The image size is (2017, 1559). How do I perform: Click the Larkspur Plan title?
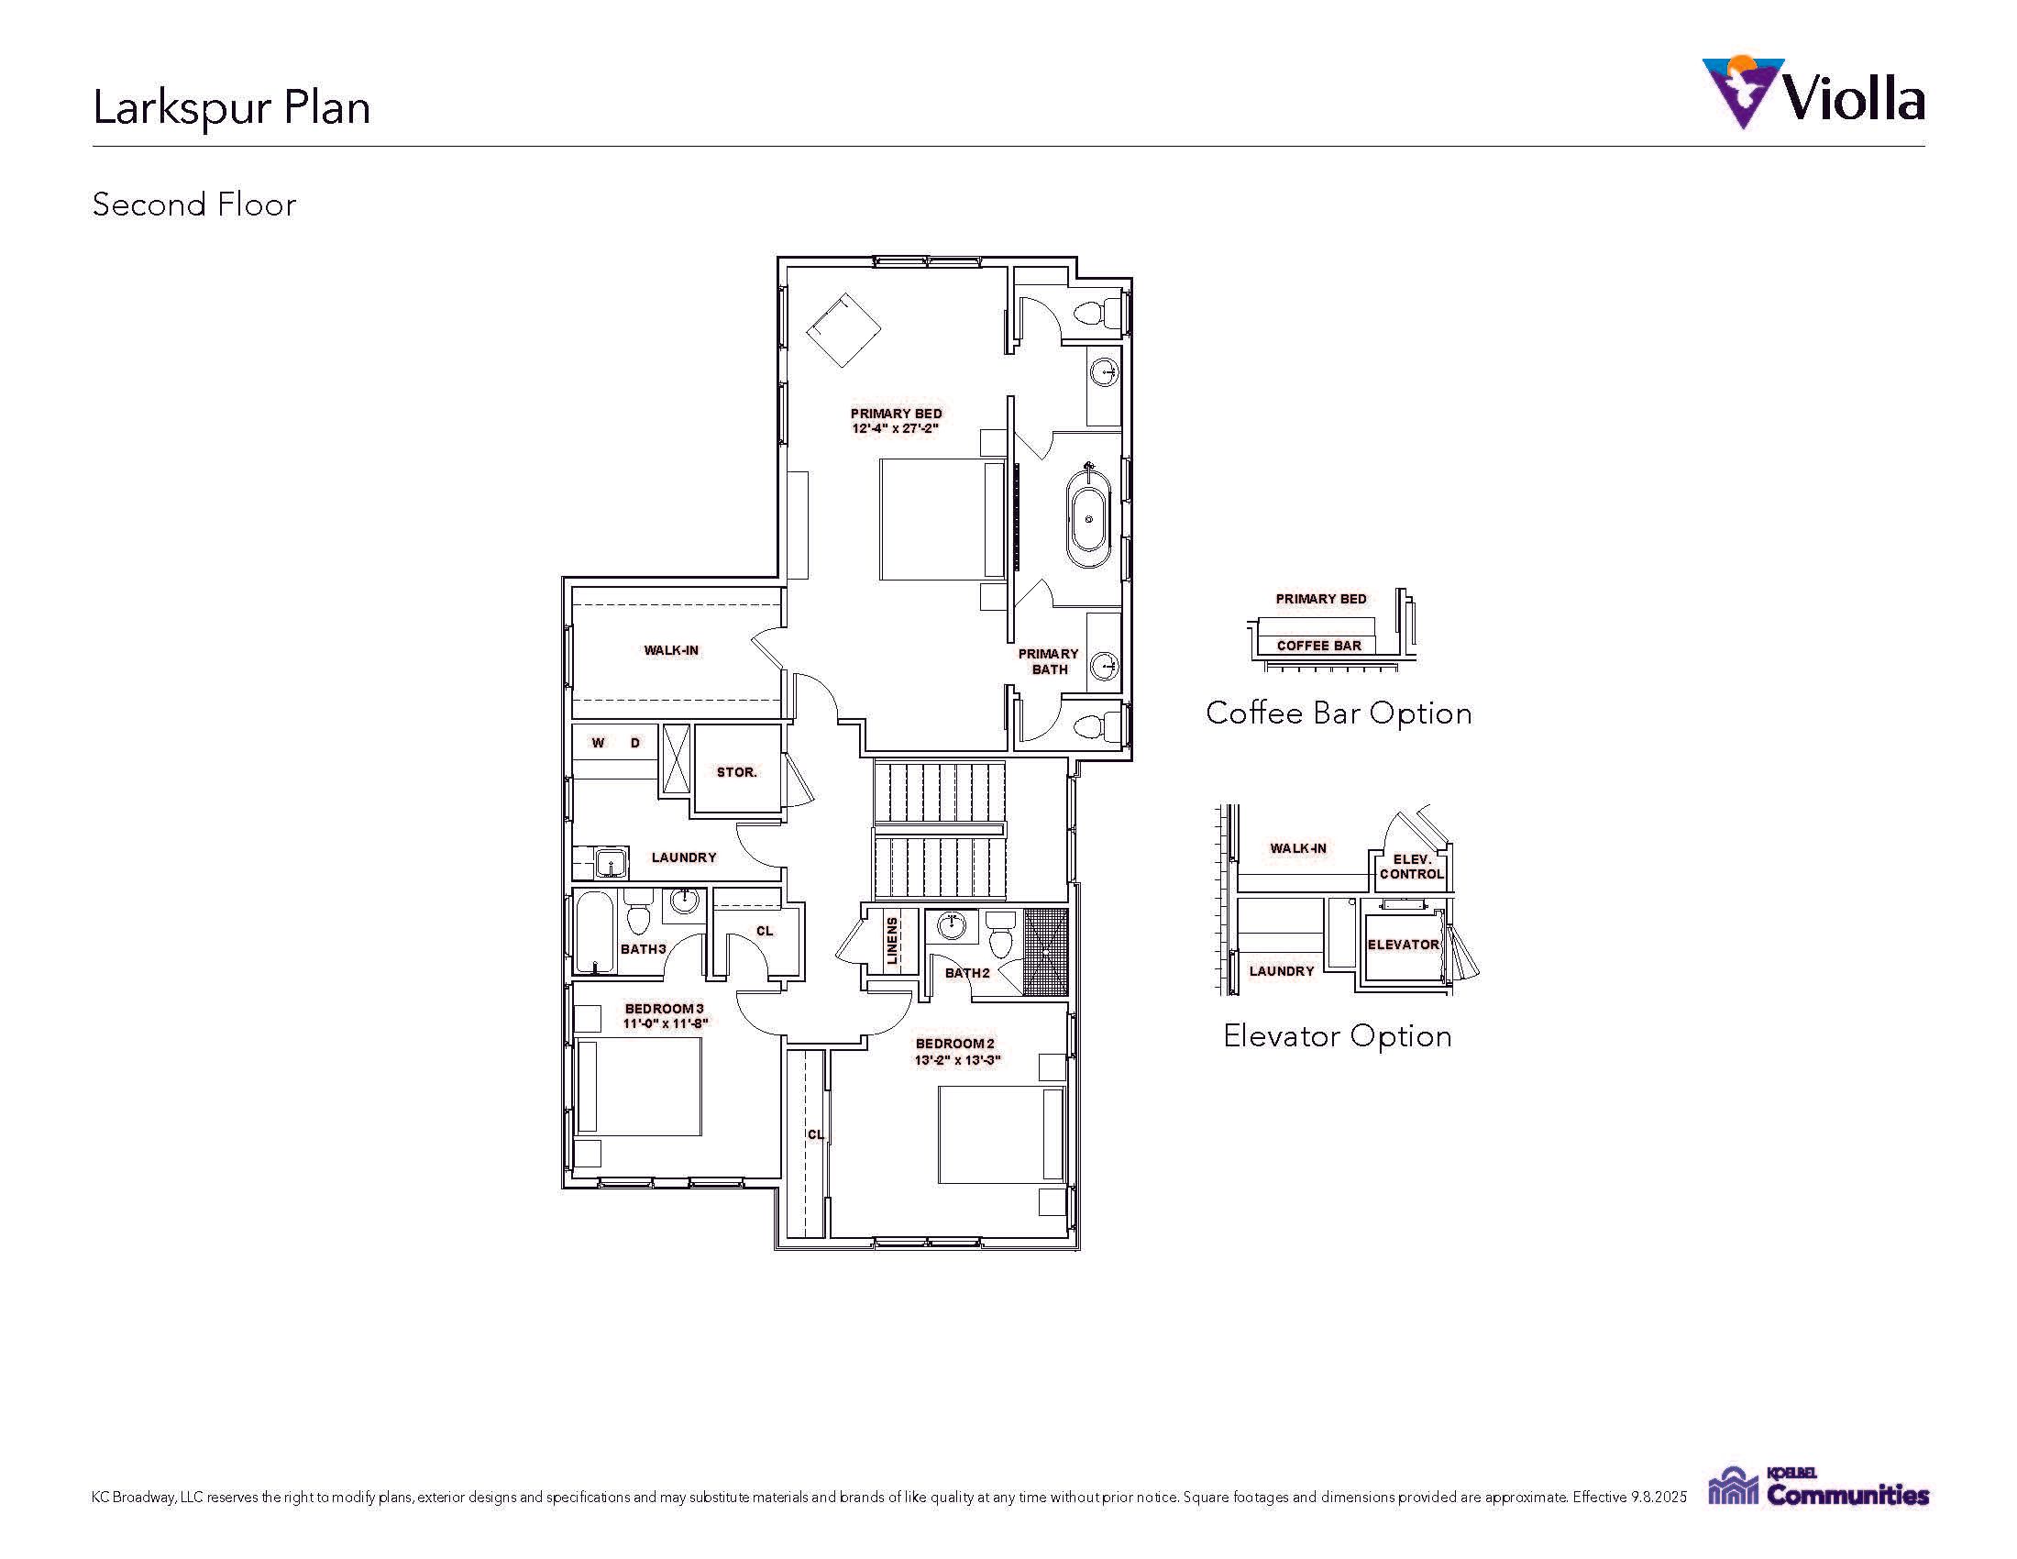(232, 107)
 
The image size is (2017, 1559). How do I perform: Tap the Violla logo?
(1813, 93)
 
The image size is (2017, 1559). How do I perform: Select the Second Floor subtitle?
(194, 205)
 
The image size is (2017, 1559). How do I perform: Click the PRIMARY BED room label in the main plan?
(896, 414)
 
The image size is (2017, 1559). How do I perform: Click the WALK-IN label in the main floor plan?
(671, 650)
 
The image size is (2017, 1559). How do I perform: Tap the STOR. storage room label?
(737, 772)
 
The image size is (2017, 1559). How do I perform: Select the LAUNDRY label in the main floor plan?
(684, 857)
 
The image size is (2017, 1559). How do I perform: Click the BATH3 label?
(644, 949)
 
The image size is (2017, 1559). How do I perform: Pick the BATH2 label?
(967, 973)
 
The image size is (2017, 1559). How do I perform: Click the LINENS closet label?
(892, 941)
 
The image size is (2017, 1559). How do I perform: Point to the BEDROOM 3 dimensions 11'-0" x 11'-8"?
(665, 1023)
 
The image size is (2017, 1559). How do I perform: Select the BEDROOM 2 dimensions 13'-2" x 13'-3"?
(958, 1060)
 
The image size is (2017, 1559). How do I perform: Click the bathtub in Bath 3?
(594, 932)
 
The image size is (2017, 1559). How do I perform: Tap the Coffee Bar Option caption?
(1339, 713)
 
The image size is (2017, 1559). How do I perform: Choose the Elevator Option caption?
(1338, 1036)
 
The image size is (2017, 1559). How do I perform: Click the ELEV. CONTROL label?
(1412, 867)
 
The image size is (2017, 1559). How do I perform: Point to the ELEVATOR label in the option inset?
(1403, 945)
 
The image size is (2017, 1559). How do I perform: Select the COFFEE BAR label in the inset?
(1318, 646)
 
